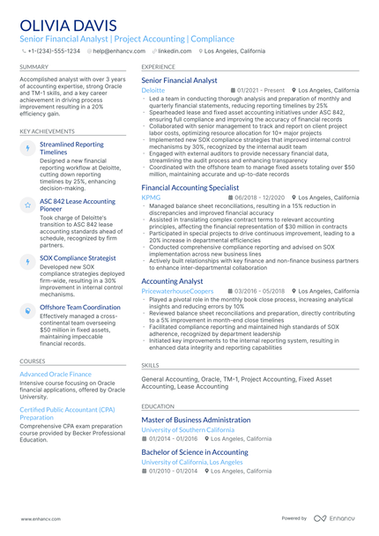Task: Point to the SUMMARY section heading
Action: (x=34, y=66)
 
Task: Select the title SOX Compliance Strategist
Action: (x=78, y=258)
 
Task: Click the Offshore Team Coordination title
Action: (x=80, y=307)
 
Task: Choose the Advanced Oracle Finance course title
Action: (x=56, y=374)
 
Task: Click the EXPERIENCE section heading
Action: (x=158, y=66)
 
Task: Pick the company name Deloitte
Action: (x=152, y=90)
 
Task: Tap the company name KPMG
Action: (x=151, y=197)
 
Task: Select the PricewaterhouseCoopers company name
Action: (x=177, y=290)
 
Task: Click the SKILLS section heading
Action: (x=151, y=364)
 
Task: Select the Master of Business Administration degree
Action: (x=196, y=420)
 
